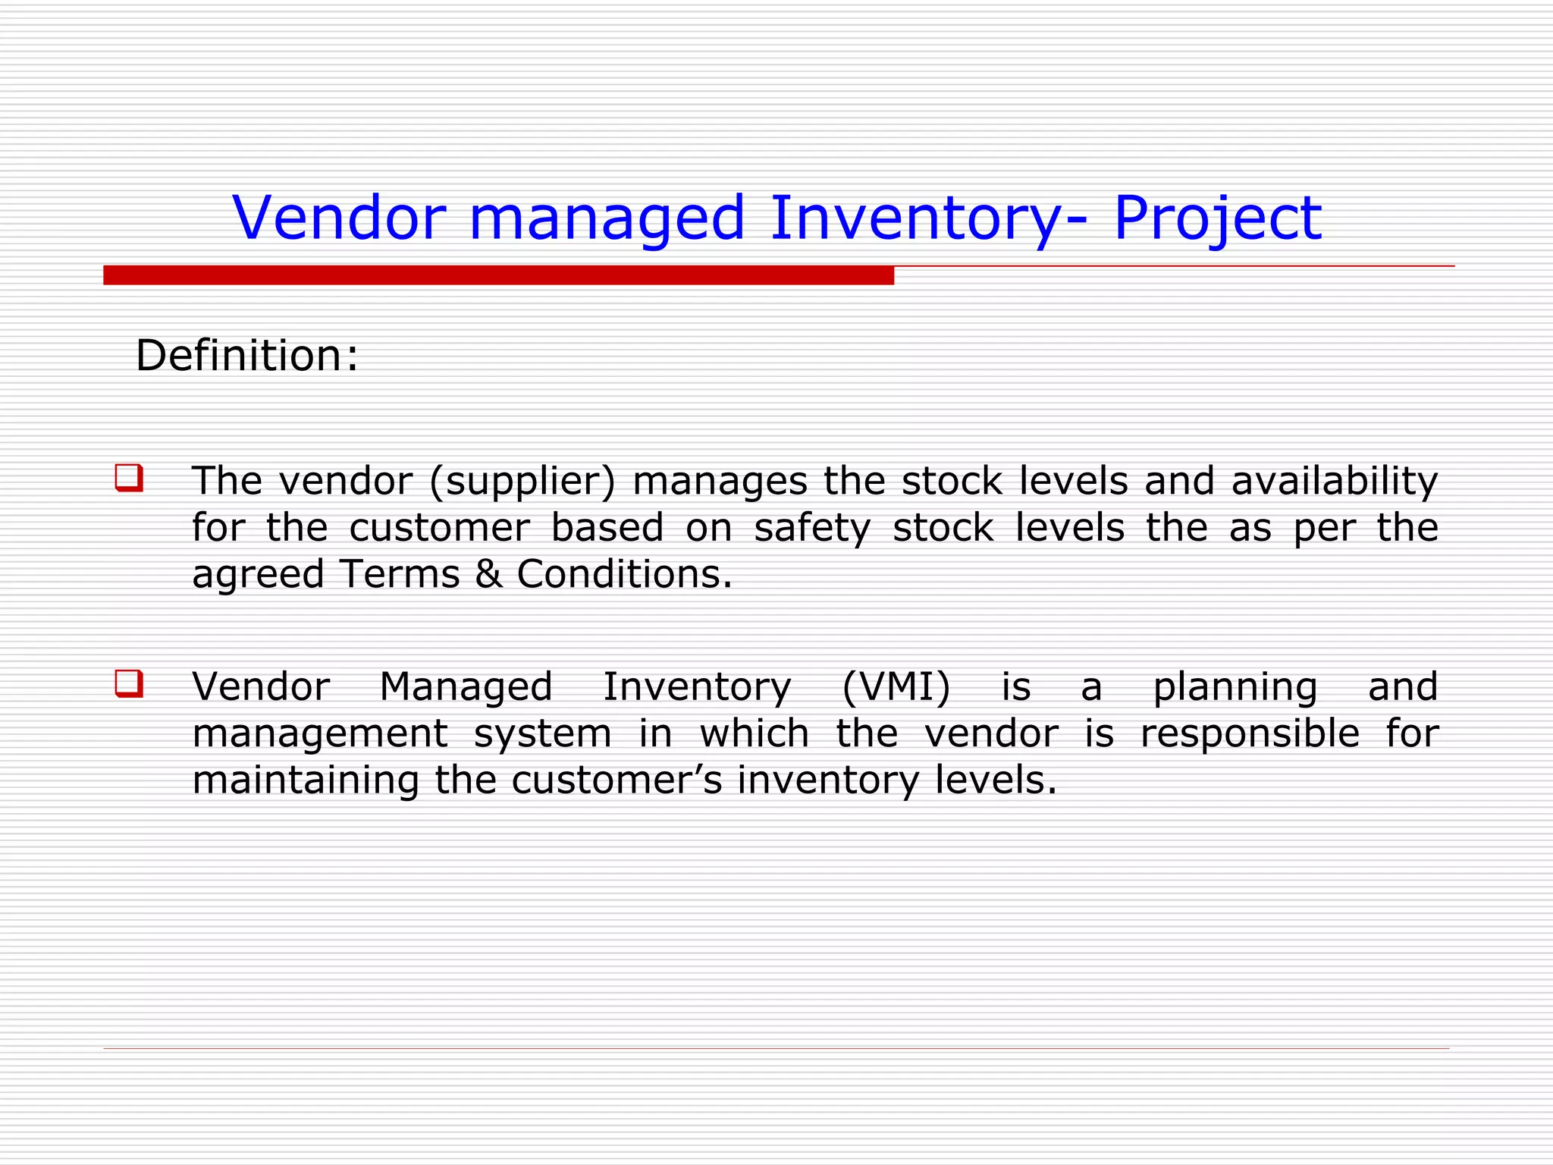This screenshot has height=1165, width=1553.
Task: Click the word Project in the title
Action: [x=1217, y=218]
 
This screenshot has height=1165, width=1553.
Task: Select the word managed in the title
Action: [x=607, y=218]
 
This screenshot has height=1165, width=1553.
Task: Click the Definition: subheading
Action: [x=246, y=356]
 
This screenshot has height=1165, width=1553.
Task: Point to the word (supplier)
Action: [x=522, y=482]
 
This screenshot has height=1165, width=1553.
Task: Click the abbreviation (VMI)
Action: [x=896, y=687]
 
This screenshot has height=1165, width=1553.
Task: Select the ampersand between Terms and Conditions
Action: [x=488, y=574]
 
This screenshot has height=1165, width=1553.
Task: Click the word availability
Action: [x=1334, y=482]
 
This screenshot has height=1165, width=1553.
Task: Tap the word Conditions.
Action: [x=624, y=574]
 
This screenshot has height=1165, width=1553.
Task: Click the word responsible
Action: [x=1250, y=734]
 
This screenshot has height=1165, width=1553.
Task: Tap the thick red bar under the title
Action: [x=498, y=275]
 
